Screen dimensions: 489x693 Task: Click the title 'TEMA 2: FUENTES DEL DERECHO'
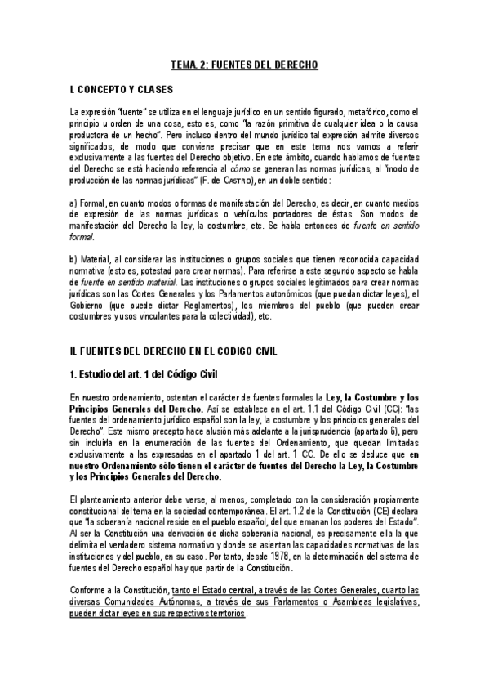click(244, 64)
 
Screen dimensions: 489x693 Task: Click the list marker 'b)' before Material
click(74, 259)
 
